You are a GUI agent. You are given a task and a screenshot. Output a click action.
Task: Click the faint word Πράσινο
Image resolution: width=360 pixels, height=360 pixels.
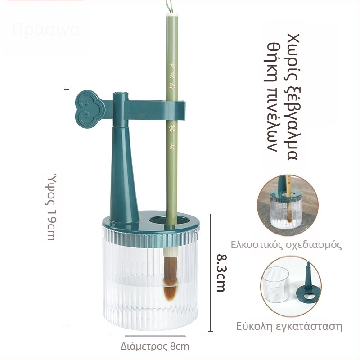click(46, 30)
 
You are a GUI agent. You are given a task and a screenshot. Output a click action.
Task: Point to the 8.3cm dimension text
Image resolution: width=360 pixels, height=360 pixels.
click(220, 273)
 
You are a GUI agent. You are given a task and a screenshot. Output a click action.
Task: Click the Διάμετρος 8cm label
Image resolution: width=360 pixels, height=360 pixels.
click(155, 346)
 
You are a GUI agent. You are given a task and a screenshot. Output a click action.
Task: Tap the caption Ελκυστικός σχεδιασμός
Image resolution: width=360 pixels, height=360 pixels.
click(286, 245)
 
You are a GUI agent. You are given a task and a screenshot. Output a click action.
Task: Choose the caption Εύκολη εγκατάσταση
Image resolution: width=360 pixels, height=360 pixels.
click(289, 326)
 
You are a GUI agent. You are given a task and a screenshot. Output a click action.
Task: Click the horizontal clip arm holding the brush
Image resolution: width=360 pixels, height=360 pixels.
click(153, 108)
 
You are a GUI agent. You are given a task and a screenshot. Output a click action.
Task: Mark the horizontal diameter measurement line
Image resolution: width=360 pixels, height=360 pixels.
click(155, 335)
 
